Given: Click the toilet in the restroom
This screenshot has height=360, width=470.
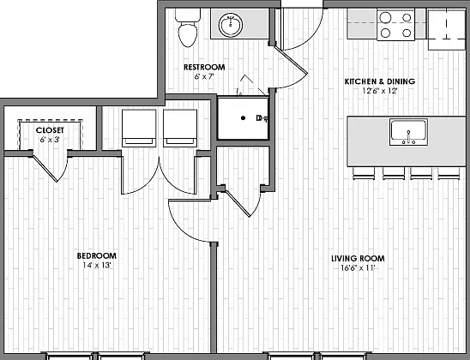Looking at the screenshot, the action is pyautogui.click(x=188, y=27).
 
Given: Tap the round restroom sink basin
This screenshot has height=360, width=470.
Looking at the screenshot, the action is pyautogui.click(x=231, y=25).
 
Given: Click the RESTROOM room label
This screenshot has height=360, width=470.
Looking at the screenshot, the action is pyautogui.click(x=204, y=67).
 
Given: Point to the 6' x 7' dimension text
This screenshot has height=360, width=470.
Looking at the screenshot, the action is pyautogui.click(x=204, y=76).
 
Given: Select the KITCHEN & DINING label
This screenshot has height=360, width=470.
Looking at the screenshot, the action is pyautogui.click(x=380, y=81).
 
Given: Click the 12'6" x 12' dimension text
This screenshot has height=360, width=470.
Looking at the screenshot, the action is pyautogui.click(x=380, y=91).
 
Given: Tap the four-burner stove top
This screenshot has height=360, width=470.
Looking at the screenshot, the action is pyautogui.click(x=396, y=25).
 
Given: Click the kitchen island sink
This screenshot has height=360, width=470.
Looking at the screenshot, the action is pyautogui.click(x=408, y=132).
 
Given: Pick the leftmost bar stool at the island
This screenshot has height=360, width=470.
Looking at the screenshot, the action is pyautogui.click(x=364, y=173).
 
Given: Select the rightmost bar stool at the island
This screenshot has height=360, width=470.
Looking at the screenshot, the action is pyautogui.click(x=449, y=173).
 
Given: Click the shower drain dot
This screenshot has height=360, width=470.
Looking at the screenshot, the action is pyautogui.click(x=243, y=118).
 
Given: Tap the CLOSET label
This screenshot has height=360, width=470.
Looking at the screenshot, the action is pyautogui.click(x=50, y=130).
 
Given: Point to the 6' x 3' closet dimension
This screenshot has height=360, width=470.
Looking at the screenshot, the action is pyautogui.click(x=50, y=140).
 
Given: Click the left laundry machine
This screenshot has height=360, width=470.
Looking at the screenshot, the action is pyautogui.click(x=139, y=129).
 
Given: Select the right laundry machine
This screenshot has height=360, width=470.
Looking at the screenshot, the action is pyautogui.click(x=180, y=129).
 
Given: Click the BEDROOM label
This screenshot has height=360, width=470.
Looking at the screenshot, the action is pyautogui.click(x=97, y=255).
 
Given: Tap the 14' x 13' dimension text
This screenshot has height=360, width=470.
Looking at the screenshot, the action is pyautogui.click(x=97, y=265).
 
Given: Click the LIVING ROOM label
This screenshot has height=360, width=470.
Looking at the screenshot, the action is pyautogui.click(x=358, y=258).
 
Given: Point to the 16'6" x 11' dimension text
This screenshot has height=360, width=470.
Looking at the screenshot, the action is pyautogui.click(x=358, y=267).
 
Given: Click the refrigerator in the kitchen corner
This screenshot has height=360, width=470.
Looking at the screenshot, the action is pyautogui.click(x=447, y=29).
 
